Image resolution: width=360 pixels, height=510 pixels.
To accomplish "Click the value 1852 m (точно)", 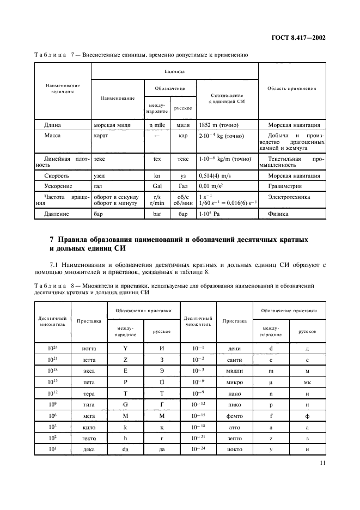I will click(x=221, y=125).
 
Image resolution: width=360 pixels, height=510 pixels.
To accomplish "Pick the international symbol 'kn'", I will click(x=157, y=175).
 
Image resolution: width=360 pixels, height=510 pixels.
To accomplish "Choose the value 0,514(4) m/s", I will click(x=217, y=175).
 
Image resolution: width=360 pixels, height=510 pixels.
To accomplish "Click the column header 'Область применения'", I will click(x=292, y=88).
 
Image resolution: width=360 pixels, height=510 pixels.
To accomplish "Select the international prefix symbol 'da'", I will click(x=125, y=450).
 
